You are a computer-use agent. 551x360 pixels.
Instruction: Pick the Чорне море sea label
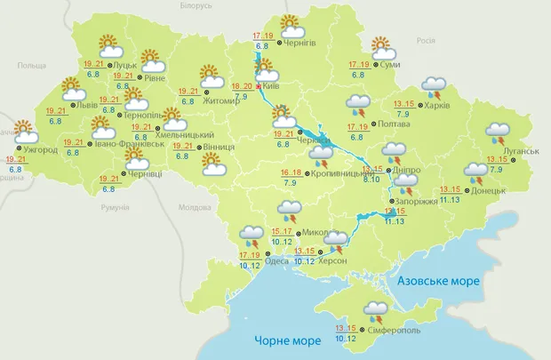tap(285, 340)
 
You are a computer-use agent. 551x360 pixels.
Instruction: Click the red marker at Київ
tap(259, 87)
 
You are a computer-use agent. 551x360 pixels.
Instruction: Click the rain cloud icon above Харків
tap(434, 86)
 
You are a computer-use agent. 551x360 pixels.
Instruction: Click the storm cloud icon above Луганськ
tap(498, 134)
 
